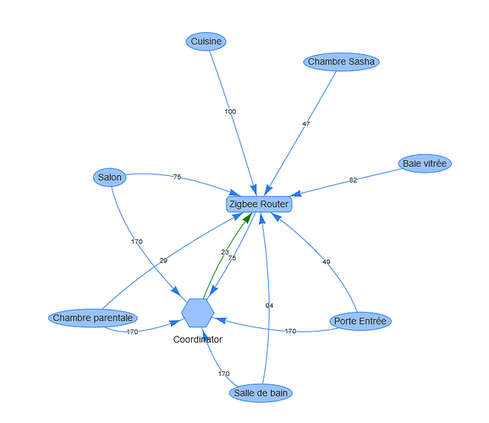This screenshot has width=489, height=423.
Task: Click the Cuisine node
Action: pos(206,41)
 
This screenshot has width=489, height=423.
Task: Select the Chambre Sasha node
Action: pos(341,62)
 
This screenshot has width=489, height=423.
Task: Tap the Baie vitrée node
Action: pos(425,163)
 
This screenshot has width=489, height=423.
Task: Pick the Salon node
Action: pos(110,177)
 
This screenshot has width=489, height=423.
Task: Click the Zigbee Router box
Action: pos(259,205)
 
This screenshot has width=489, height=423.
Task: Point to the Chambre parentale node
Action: pos(93,318)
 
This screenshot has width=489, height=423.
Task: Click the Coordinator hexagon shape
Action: pos(198,313)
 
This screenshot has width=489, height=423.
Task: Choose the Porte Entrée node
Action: pos(360,321)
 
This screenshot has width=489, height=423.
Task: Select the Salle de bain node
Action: pos(261,393)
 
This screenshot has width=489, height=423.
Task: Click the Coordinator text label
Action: pos(198,339)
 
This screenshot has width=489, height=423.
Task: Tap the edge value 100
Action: pos(230,112)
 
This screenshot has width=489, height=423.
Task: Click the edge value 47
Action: pos(305,124)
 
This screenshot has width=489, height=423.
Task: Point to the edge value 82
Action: pos(353,180)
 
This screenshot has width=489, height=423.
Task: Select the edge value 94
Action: pos(269,305)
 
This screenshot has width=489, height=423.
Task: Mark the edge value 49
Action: pos(327,261)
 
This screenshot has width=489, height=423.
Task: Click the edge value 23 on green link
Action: pos(225,252)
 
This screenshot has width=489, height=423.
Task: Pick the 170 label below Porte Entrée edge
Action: pos(290,331)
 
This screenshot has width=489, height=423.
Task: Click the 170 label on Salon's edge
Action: pos(136,241)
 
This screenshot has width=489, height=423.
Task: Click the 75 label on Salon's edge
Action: pos(177,177)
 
